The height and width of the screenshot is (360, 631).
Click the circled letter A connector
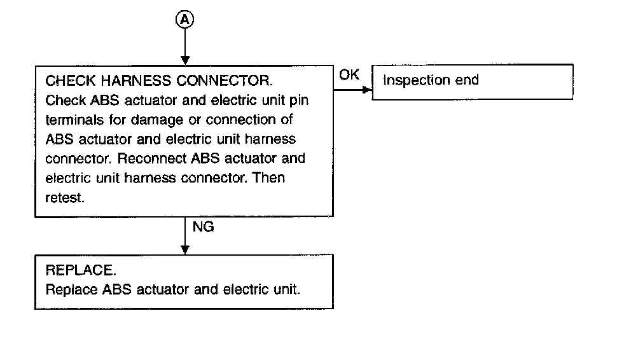[x=184, y=20]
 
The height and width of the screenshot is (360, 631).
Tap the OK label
[x=349, y=75]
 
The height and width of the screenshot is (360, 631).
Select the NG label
[x=202, y=227]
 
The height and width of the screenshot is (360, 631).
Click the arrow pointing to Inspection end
[x=352, y=90]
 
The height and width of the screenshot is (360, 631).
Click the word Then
[x=269, y=177]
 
